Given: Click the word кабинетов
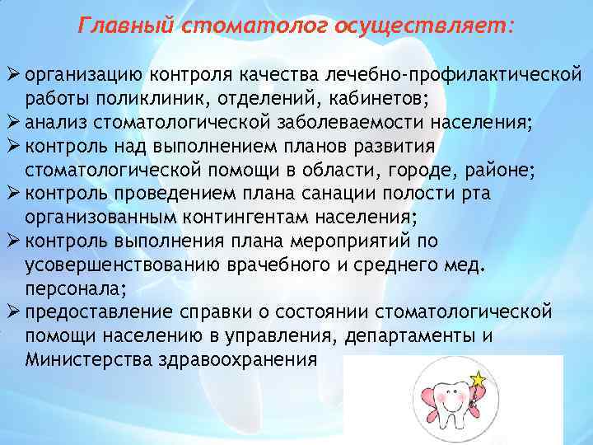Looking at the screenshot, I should [375, 100].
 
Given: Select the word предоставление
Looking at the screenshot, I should [99, 312].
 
